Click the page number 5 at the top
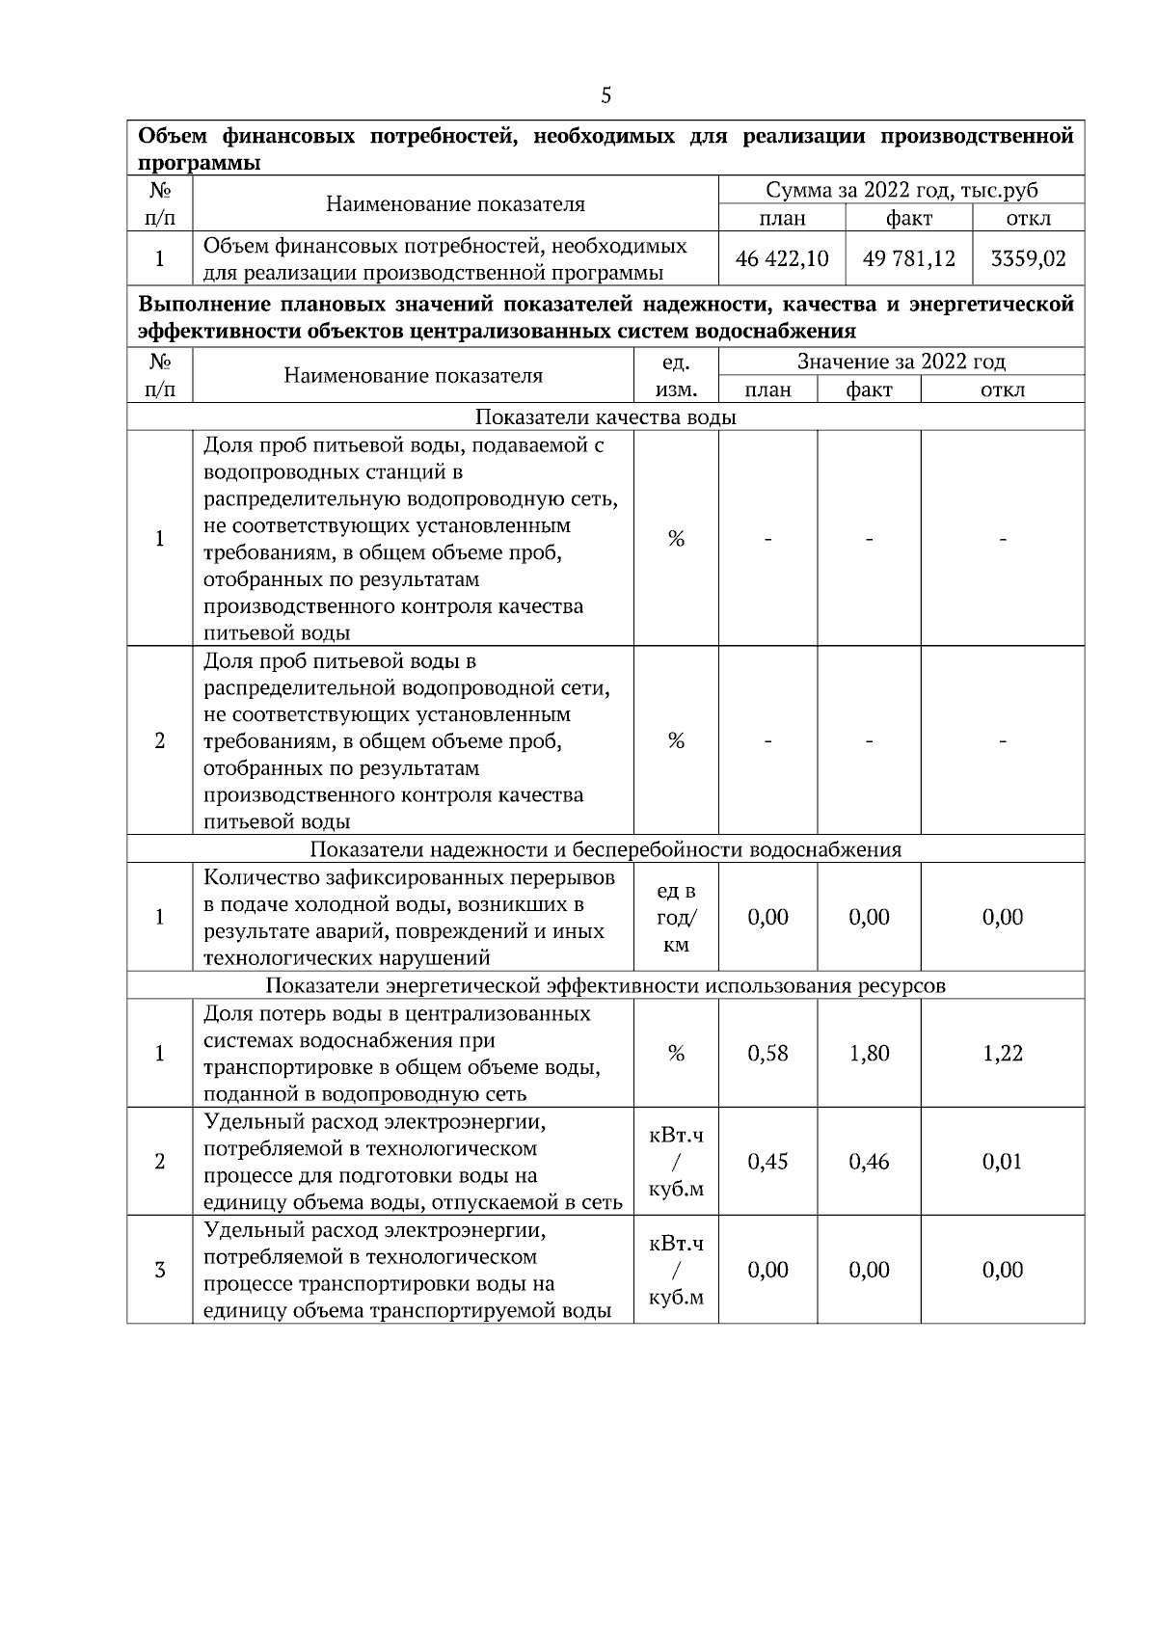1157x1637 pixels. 605,94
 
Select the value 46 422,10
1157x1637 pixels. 782,259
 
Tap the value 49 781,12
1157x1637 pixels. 909,259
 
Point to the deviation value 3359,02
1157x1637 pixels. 1028,259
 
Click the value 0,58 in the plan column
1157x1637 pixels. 767,1053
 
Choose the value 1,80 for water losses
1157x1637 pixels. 869,1053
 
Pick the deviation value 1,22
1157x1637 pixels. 1002,1053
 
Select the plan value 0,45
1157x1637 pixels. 767,1162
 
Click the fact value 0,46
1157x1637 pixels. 869,1162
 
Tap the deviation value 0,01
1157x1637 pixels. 1002,1162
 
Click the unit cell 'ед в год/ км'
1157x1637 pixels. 676,918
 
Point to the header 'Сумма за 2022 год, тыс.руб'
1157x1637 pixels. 901,190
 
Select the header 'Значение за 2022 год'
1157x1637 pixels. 901,362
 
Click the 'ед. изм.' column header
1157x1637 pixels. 676,376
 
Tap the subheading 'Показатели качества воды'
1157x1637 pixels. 605,416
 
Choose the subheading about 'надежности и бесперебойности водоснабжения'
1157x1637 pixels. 605,849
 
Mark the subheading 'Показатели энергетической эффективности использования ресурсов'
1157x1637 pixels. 605,985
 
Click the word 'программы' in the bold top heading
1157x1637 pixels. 200,163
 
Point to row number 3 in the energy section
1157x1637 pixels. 160,1270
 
